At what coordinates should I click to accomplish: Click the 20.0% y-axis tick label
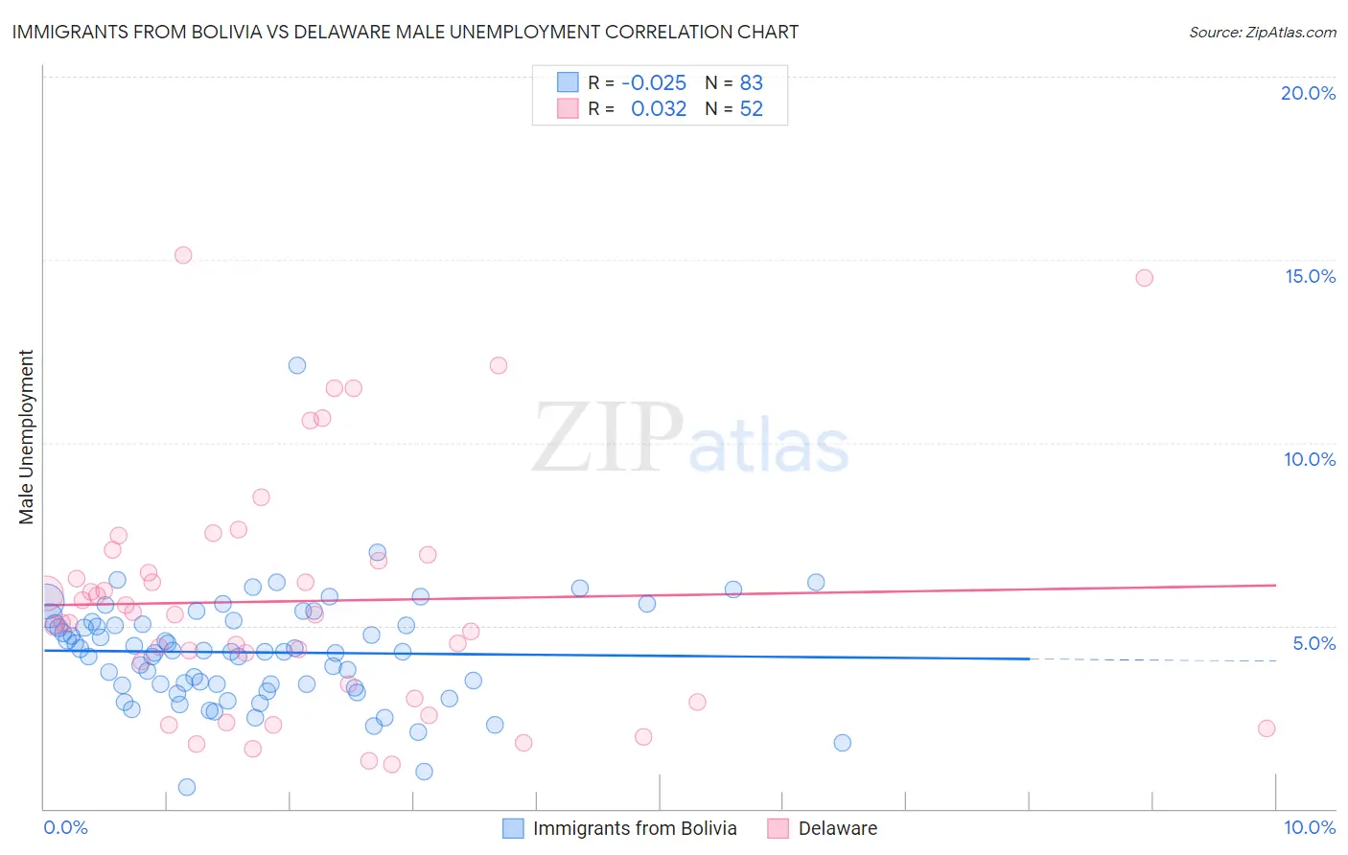pyautogui.click(x=1308, y=93)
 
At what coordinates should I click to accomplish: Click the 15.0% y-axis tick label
pyautogui.click(x=1310, y=276)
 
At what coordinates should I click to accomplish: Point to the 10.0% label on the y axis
pyautogui.click(x=1310, y=459)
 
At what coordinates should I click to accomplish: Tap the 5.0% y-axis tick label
pyautogui.click(x=1313, y=643)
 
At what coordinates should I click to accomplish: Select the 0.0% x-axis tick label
pyautogui.click(x=65, y=827)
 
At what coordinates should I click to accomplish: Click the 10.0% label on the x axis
pyautogui.click(x=1309, y=827)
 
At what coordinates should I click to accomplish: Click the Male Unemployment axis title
pyautogui.click(x=26, y=437)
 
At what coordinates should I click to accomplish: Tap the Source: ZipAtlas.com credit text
pyautogui.click(x=1262, y=32)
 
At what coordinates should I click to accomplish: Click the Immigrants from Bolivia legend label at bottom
pyautogui.click(x=635, y=828)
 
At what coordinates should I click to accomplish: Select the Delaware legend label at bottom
pyautogui.click(x=837, y=828)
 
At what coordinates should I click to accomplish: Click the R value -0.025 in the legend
pyautogui.click(x=654, y=83)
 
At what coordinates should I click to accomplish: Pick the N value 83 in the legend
pyautogui.click(x=751, y=83)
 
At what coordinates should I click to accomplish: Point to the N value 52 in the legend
pyautogui.click(x=751, y=108)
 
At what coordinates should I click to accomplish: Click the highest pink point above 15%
pyautogui.click(x=183, y=255)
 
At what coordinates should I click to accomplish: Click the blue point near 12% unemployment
pyautogui.click(x=297, y=365)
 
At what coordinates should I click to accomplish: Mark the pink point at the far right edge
pyautogui.click(x=1267, y=728)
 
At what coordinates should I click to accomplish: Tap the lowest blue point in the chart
pyautogui.click(x=187, y=787)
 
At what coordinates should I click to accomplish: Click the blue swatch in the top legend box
pyautogui.click(x=568, y=82)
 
